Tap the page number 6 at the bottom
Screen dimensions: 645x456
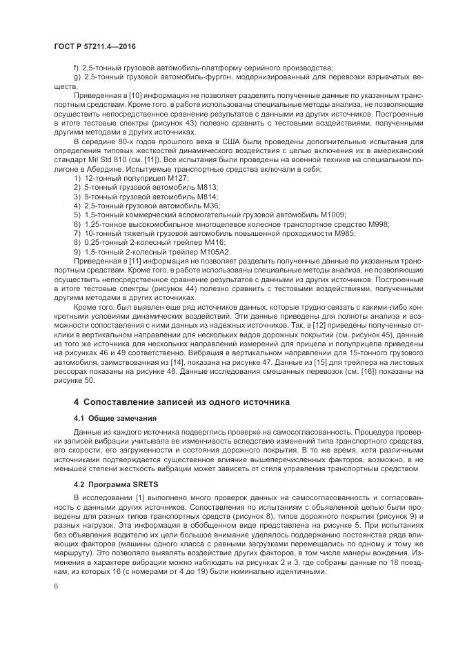point(54,586)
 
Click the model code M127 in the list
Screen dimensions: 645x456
point(178,177)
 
